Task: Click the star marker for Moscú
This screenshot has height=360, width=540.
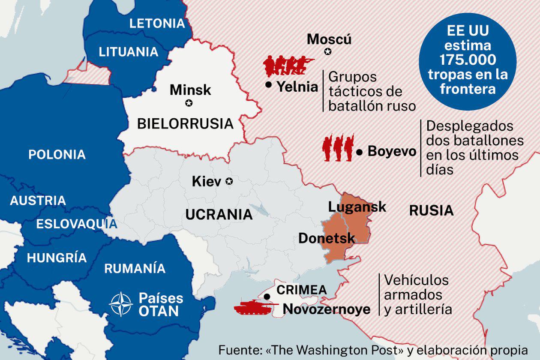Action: tap(328, 51)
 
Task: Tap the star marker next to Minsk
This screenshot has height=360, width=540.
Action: tap(189, 103)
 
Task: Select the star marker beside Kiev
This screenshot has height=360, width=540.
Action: tap(229, 182)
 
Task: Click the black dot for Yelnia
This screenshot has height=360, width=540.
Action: tap(269, 85)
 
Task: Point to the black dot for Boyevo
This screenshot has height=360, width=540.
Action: tap(360, 152)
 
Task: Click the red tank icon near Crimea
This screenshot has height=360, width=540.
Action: tap(253, 308)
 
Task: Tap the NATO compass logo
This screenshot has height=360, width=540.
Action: tap(121, 304)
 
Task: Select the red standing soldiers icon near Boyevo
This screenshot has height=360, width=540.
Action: tap(338, 148)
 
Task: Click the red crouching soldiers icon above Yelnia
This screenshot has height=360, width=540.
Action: tap(285, 66)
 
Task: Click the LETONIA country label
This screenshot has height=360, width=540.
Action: tap(157, 23)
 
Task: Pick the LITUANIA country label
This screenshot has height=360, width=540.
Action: tap(129, 52)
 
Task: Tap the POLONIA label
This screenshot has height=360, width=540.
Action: tap(57, 154)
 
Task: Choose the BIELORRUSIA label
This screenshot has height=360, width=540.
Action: tap(185, 124)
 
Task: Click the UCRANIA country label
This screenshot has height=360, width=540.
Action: tap(219, 214)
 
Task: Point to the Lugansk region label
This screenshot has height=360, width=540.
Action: tap(357, 207)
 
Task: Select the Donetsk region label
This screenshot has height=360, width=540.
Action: tap(327, 238)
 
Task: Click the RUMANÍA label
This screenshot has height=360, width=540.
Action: tap(135, 268)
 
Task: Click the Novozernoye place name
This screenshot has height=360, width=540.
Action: tap(327, 309)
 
